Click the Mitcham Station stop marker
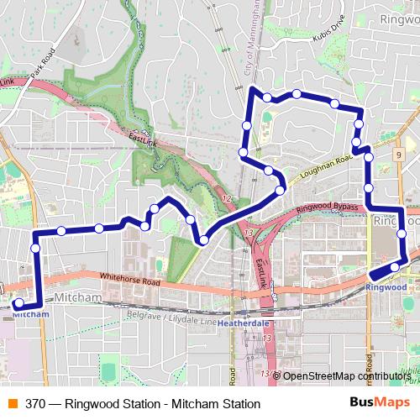18,303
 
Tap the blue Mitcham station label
26,314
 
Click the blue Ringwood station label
386,286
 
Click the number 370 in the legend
34,403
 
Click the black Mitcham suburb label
78,299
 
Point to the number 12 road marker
226,197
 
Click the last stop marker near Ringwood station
395,268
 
